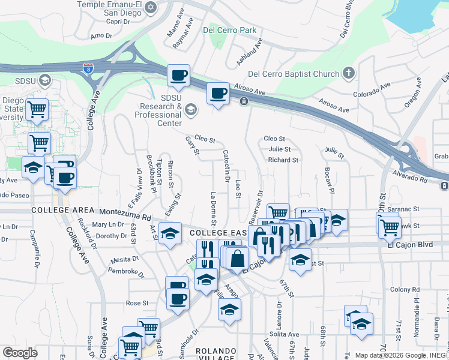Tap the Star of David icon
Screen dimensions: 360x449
151,8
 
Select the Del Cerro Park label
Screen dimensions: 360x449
229,30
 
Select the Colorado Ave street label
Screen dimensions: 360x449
372,94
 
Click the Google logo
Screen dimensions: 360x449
20,353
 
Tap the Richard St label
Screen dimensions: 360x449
283,160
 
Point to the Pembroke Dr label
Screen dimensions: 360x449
124,272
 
